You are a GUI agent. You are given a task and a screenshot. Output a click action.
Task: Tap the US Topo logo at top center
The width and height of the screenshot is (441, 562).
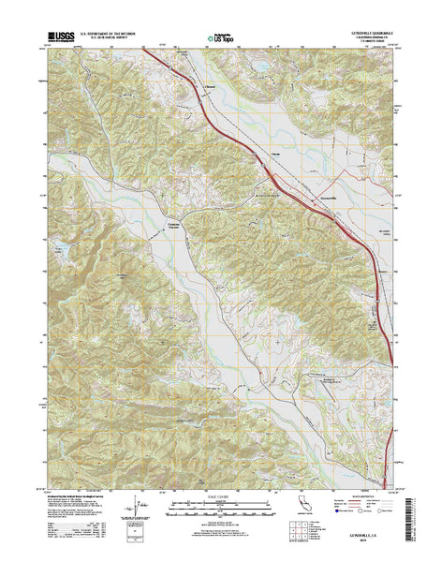tap(220, 39)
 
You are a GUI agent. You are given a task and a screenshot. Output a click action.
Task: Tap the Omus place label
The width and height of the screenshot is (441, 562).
tap(275, 152)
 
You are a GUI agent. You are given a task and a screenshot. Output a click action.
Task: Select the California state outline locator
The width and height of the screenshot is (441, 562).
tap(301, 525)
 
